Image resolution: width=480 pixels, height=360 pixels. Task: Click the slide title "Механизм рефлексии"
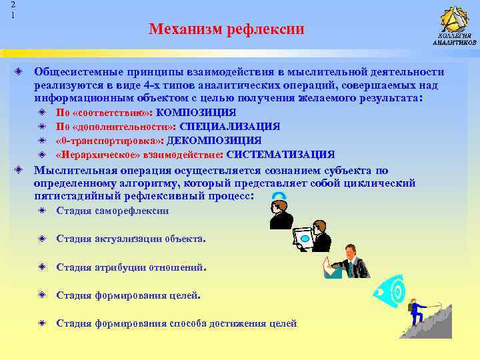(x=226, y=29)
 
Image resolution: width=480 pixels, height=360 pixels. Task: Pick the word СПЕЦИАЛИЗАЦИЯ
(x=229, y=127)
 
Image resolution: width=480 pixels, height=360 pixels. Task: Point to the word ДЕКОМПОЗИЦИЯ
(x=214, y=141)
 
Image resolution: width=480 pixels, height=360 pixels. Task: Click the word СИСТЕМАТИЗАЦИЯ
(x=280, y=155)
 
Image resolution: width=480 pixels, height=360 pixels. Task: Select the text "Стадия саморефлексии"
(x=113, y=211)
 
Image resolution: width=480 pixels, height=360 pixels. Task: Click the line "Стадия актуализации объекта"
(x=131, y=239)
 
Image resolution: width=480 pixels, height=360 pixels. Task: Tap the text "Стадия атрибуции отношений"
(x=131, y=267)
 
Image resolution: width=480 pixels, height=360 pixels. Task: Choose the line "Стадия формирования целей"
(x=127, y=295)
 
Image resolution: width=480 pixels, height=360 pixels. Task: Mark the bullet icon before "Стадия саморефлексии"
(x=42, y=211)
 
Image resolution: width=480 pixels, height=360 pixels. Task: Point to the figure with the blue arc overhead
(x=280, y=209)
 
